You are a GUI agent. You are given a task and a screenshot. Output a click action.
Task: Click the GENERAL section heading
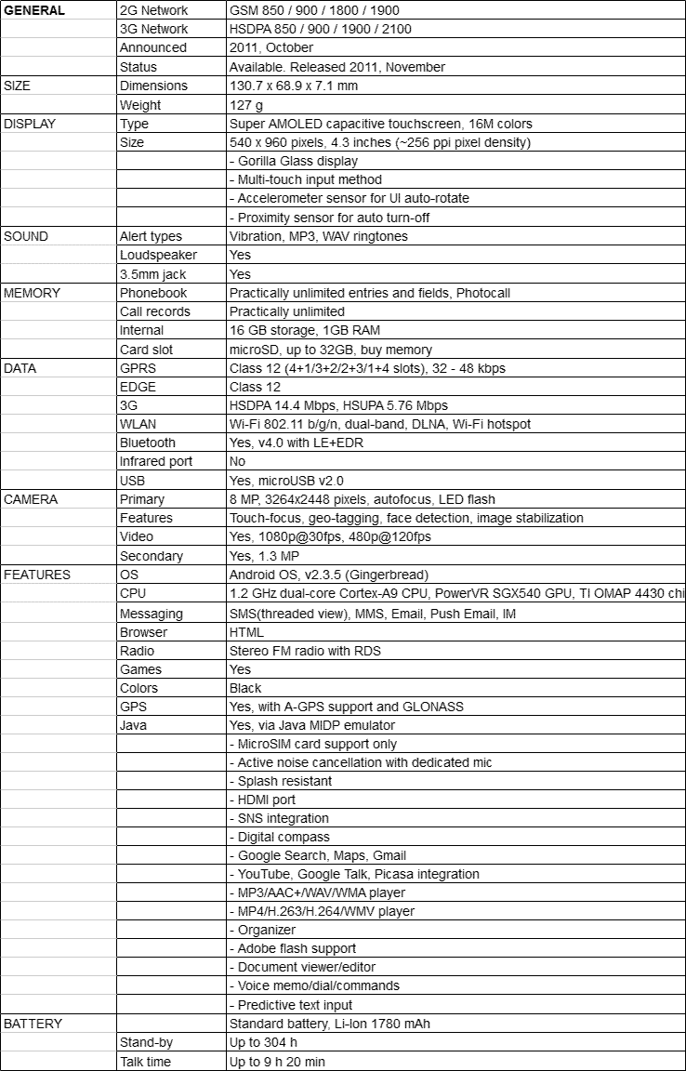(x=34, y=10)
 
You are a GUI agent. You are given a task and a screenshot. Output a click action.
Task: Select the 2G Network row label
(x=153, y=10)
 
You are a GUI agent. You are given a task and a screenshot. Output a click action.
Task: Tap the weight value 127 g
(x=246, y=105)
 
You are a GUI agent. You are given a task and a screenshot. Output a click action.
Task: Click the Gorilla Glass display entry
(x=293, y=161)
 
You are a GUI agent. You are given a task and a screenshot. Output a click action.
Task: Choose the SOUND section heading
(x=27, y=236)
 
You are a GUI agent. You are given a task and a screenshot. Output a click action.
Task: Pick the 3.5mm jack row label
(x=152, y=274)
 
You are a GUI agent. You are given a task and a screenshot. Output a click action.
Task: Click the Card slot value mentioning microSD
(x=330, y=350)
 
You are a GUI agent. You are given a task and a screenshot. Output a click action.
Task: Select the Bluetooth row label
(x=147, y=443)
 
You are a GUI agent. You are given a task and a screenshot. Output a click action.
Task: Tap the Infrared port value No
(x=238, y=461)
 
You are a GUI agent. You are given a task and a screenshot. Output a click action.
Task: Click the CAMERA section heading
(x=31, y=499)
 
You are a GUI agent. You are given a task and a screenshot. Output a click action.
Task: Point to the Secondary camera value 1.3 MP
(x=265, y=556)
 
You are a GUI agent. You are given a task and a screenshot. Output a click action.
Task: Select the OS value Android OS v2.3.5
(x=329, y=575)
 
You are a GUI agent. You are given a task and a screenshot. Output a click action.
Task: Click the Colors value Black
(x=245, y=688)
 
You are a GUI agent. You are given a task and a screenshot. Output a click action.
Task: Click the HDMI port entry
(x=263, y=800)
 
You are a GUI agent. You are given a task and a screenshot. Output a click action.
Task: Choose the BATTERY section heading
(x=33, y=1024)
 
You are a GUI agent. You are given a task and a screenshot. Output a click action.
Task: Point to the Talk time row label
(x=145, y=1062)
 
